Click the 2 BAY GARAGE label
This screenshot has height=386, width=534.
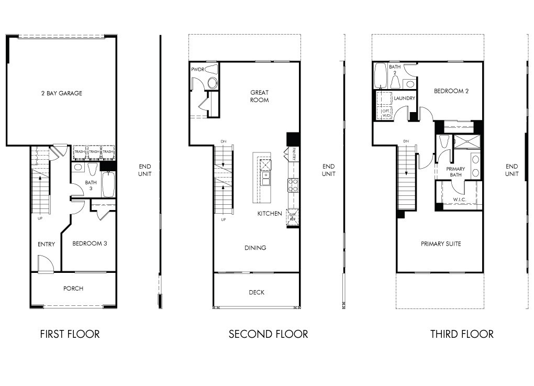62,93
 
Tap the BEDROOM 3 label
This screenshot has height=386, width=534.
90,244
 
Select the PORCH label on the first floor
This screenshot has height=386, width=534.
73,289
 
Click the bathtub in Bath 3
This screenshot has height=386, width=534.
108,184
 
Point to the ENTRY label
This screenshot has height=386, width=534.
46,245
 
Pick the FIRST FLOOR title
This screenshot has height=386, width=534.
70,334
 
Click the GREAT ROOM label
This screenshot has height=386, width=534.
259,96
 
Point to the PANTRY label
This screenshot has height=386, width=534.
294,154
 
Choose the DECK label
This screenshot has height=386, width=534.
257,293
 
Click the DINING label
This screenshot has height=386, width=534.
255,248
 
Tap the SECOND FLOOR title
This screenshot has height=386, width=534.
268,334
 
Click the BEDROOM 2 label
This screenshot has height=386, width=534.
451,91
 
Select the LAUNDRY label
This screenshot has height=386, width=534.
405,98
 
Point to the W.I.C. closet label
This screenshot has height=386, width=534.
460,200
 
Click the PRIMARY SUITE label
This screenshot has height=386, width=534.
441,244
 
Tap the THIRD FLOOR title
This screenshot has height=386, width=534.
462,334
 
